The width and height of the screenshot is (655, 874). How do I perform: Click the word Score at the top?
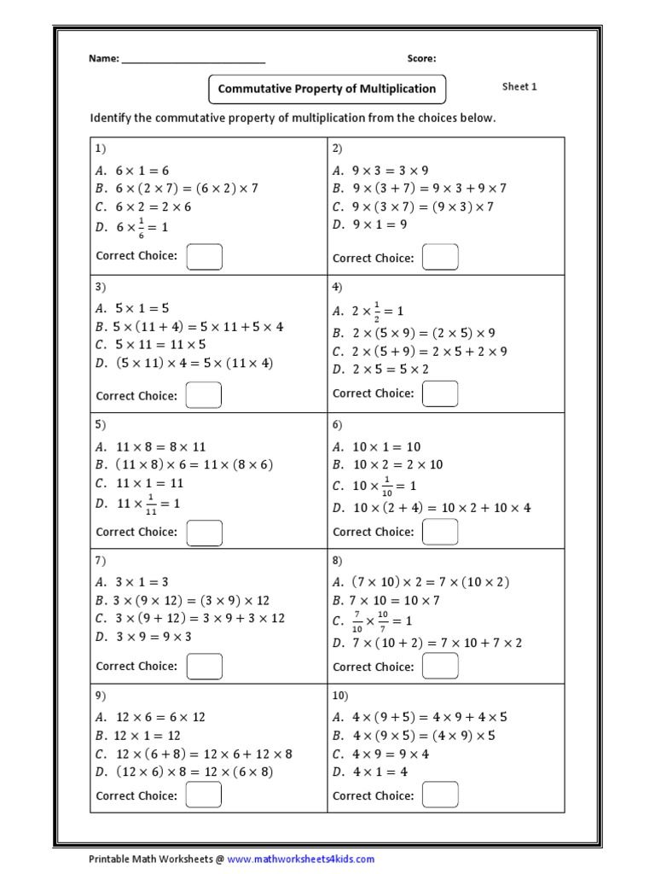click(421, 59)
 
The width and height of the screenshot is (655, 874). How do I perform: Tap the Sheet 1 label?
click(519, 87)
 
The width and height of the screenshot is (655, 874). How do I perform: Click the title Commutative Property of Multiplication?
click(327, 89)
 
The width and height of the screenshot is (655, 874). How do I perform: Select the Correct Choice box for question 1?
click(205, 257)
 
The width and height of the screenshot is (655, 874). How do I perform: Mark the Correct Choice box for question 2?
click(441, 257)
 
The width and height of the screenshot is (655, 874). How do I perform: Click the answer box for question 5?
click(205, 533)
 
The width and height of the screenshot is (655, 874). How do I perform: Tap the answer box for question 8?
click(441, 667)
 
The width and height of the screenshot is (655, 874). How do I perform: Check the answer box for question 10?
click(441, 795)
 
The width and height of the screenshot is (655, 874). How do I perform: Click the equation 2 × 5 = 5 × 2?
click(380, 370)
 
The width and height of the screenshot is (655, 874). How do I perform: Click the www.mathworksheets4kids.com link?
click(301, 859)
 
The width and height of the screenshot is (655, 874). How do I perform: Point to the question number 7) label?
click(101, 560)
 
